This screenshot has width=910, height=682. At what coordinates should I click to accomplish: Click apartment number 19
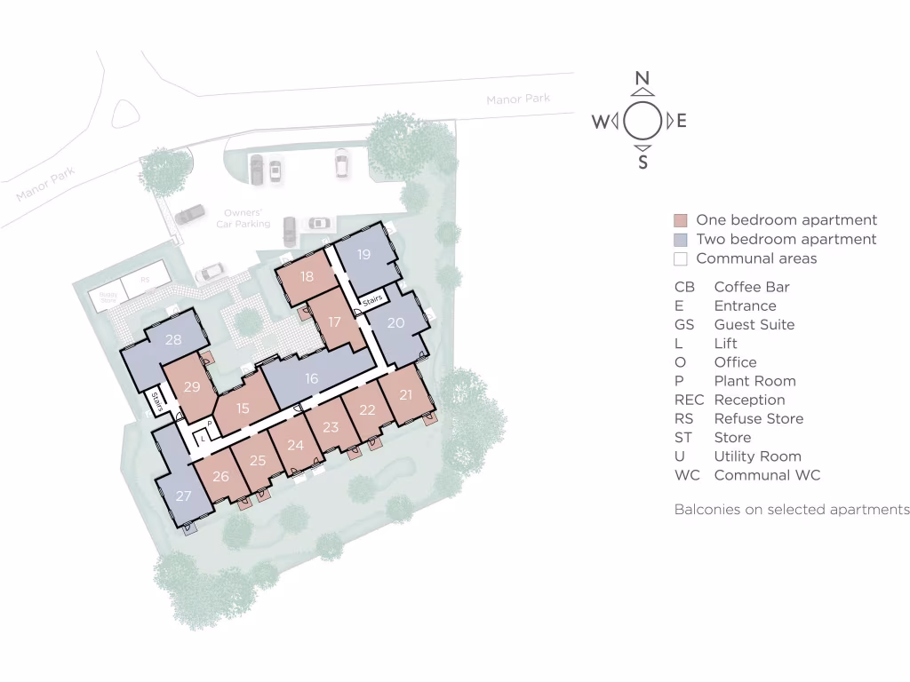[x=363, y=255]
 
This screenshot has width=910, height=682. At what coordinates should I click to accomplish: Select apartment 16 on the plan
[x=311, y=379]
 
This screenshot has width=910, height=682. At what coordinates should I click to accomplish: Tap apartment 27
[x=183, y=496]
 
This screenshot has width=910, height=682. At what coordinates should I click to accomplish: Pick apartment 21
[x=406, y=395]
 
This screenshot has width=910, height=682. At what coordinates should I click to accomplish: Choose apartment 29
[x=192, y=387]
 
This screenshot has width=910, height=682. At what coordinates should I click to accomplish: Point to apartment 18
[x=307, y=277]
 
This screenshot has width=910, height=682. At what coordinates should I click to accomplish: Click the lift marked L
[x=203, y=439]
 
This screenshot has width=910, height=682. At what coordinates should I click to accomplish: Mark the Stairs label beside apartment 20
[x=372, y=301]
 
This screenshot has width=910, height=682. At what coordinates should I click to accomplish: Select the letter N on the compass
[x=642, y=79]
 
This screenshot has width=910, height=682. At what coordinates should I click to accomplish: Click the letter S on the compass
[x=643, y=163]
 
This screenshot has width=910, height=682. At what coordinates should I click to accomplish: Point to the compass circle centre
[x=643, y=121]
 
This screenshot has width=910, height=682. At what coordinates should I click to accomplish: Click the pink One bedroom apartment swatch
[x=681, y=221]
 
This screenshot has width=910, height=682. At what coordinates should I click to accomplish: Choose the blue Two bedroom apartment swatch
[x=681, y=240]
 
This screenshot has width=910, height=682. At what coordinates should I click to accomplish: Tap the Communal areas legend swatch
[x=681, y=259]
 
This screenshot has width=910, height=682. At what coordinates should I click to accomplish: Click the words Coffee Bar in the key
[x=751, y=287]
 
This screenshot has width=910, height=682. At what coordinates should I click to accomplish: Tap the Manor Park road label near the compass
[x=518, y=99]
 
